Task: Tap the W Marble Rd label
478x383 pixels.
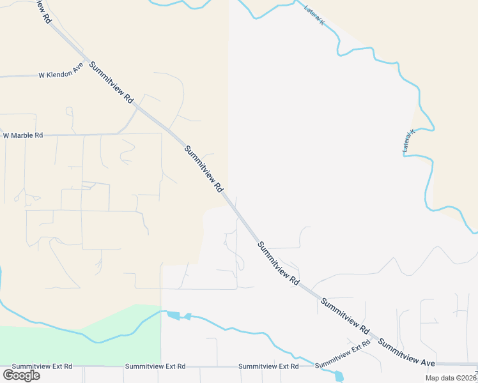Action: pos(23,135)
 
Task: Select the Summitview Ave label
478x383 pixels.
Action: pos(406,353)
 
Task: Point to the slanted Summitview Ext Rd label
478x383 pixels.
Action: pos(343,353)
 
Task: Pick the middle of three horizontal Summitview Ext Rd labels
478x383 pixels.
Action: pos(155,366)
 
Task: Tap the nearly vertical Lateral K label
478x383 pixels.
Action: pos(408,141)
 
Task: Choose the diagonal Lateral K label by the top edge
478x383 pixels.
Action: pos(314,15)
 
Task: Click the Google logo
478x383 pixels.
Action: pos(21,375)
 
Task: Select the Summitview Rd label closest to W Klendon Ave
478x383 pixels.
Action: pos(111,82)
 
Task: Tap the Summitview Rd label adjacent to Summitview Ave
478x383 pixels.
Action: pos(345,317)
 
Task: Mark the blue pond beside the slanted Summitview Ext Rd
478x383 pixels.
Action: pos(338,376)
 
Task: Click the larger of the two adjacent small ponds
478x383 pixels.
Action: pos(173,315)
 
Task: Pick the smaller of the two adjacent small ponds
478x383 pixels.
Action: pos(188,316)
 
